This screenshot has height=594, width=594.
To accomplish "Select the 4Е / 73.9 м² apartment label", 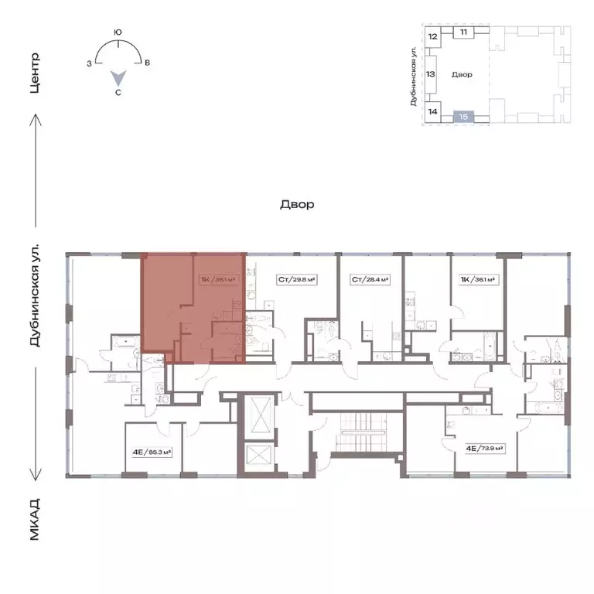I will coord(484,447).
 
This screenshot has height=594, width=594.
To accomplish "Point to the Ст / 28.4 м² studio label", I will coord(369,280).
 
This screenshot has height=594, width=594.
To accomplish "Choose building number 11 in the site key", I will coord(463,32).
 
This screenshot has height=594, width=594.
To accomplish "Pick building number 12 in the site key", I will coord(433,36).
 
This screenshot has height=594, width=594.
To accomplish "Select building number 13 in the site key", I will coord(432,74).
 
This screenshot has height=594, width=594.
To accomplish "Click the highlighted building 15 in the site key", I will coord(463,116).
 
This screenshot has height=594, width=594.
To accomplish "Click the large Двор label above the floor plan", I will coord(297,205).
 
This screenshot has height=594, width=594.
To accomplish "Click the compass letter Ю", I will coord(118,32).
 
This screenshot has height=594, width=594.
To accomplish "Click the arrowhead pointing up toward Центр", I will coord(34,119).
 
